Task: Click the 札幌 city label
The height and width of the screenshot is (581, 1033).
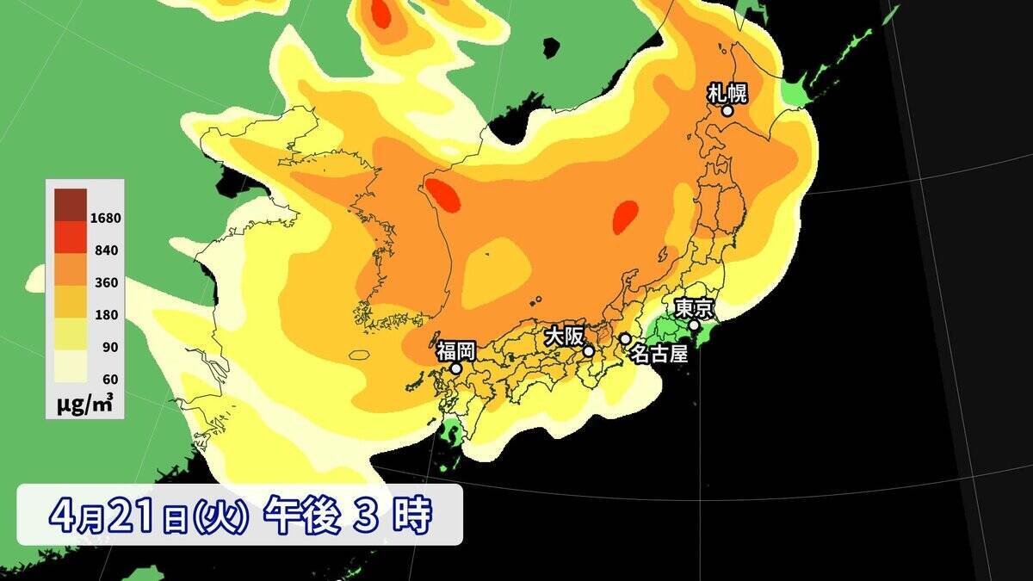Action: point(727,92)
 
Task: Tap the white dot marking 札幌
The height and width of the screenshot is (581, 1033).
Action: point(727,110)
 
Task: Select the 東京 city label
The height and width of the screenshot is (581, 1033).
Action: point(692,307)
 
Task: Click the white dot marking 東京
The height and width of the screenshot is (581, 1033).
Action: point(694,325)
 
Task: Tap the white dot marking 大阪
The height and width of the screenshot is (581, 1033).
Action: point(589,351)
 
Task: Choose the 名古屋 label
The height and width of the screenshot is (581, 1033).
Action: point(659,353)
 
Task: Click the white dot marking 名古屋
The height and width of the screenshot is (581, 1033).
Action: point(625,339)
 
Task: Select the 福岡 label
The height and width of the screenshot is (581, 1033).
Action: point(455,350)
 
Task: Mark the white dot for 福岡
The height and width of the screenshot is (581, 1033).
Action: point(456,368)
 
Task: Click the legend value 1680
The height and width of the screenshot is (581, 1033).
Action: point(106,218)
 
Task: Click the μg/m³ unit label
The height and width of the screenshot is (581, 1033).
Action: point(85,403)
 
